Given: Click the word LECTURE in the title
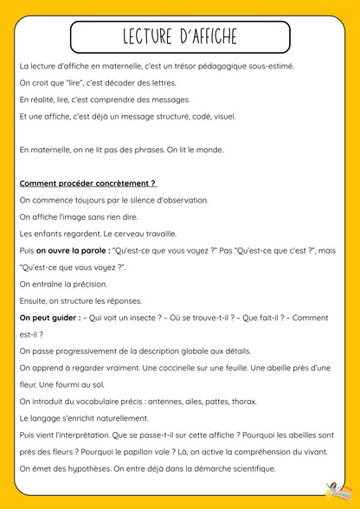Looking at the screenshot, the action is pos(144,37).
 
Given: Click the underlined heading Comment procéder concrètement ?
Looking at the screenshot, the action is pos(87,184).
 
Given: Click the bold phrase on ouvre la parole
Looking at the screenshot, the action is pos(66,250).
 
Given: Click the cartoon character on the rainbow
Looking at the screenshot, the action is pos(332,490).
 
